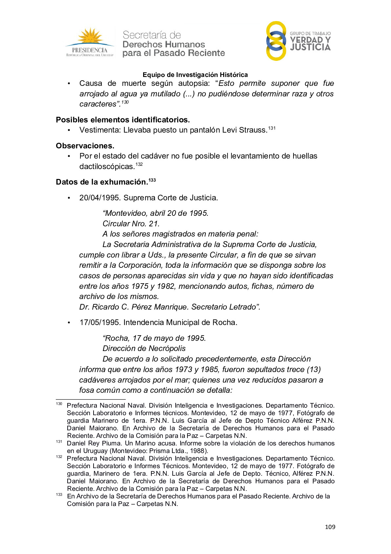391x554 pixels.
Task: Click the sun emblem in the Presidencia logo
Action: point(89,36)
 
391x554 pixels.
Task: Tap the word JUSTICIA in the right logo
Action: point(310,48)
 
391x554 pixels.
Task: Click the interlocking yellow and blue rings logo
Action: point(276,41)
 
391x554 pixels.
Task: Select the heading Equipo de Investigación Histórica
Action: point(195,75)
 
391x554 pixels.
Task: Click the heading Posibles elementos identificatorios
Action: point(123,120)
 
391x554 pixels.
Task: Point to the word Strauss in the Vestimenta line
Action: point(253,130)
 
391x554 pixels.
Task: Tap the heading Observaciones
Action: point(85,146)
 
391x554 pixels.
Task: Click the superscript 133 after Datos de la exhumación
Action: point(152,180)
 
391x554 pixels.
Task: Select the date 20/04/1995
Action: point(100,198)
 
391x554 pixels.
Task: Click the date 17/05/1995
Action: point(100,322)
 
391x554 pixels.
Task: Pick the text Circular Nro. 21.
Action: point(131,224)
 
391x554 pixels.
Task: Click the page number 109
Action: point(330,527)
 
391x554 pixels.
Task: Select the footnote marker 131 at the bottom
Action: point(59,441)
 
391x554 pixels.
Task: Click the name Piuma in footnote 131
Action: point(111,443)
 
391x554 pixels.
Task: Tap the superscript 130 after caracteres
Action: point(125,102)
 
